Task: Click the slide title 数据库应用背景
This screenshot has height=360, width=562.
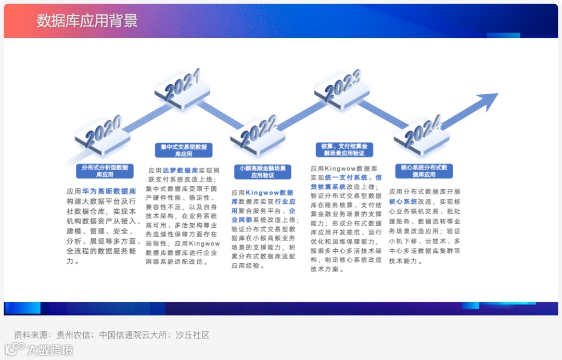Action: pyautogui.click(x=87, y=21)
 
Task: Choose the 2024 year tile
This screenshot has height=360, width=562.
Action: pyautogui.click(x=421, y=135)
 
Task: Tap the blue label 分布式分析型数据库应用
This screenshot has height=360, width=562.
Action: pyautogui.click(x=105, y=171)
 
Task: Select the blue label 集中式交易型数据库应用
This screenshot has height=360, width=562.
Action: pyautogui.click(x=184, y=150)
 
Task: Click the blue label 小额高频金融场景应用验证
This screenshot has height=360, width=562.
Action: pyautogui.click(x=263, y=172)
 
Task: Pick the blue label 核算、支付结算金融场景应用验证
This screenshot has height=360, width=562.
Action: pyautogui.click(x=344, y=150)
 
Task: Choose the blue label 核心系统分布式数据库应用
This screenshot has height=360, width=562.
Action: pyautogui.click(x=424, y=171)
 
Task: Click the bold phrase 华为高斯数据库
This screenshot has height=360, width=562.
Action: pyautogui.click(x=109, y=191)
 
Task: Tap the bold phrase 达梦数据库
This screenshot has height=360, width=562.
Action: pyautogui.click(x=180, y=170)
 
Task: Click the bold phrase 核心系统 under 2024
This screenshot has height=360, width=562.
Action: pyautogui.click(x=403, y=201)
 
